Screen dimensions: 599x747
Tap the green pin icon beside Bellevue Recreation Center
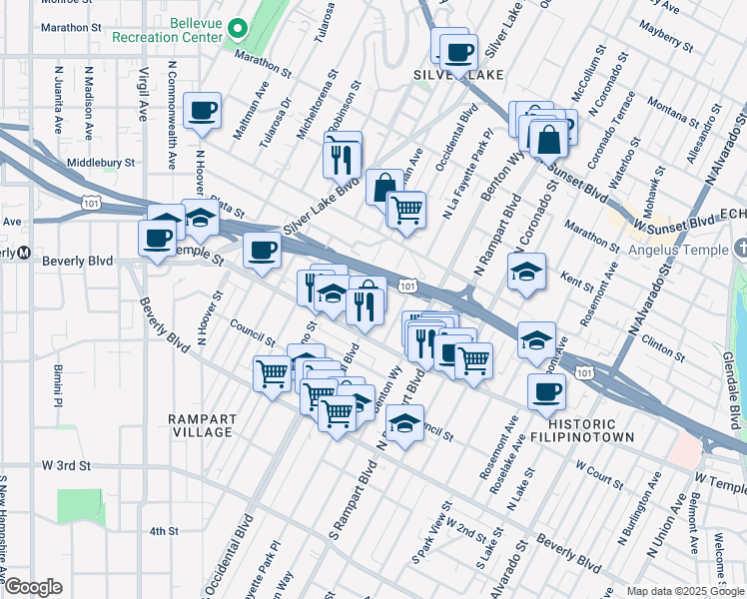click(x=238, y=28)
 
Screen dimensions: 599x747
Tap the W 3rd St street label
click(x=66, y=466)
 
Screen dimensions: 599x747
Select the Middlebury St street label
click(x=100, y=162)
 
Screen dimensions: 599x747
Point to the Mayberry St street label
click(x=669, y=36)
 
